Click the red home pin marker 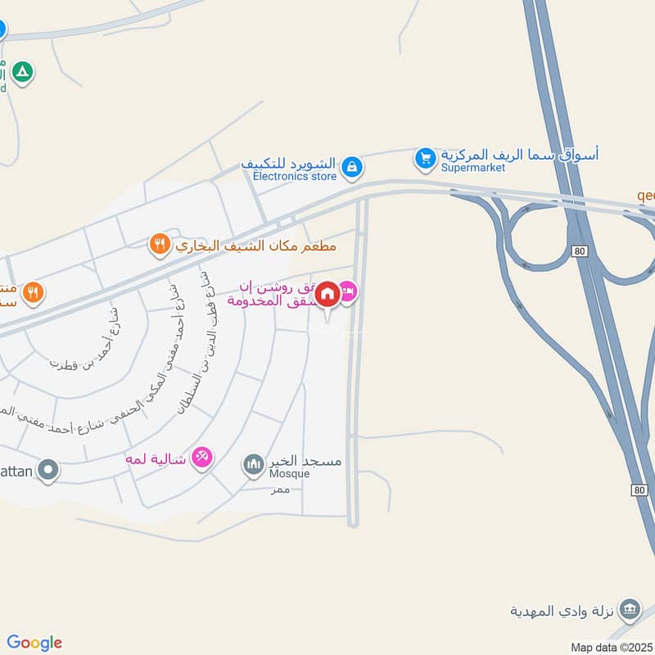pyautogui.click(x=327, y=295)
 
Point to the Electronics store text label pyautogui.click(x=295, y=175)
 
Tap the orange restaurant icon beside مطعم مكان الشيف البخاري pyautogui.click(x=159, y=243)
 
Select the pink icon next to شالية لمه pyautogui.click(x=201, y=456)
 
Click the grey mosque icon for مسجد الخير pyautogui.click(x=253, y=464)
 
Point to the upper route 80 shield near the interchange pyautogui.click(x=580, y=251)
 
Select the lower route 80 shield pyautogui.click(x=639, y=489)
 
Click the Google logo pyautogui.click(x=34, y=643)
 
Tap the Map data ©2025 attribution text pyautogui.click(x=612, y=647)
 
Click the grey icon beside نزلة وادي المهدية pyautogui.click(x=630, y=609)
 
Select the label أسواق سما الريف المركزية pyautogui.click(x=520, y=153)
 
